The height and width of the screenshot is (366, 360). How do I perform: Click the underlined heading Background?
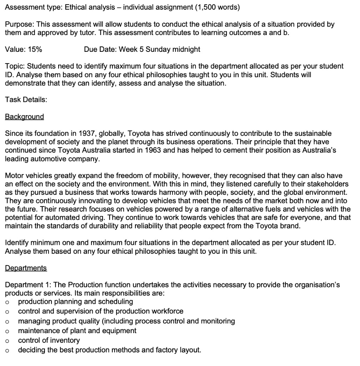[x=24, y=117]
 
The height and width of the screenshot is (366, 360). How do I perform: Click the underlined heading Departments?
[x=26, y=268]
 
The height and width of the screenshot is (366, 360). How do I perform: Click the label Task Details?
[x=26, y=100]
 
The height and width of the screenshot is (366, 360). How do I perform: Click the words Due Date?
[x=100, y=50]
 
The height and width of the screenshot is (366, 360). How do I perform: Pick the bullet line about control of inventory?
[x=49, y=340]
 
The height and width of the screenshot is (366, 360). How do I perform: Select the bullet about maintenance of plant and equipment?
[x=77, y=331]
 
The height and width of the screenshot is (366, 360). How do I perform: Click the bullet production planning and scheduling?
[x=75, y=301]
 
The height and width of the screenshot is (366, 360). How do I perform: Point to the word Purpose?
[x=19, y=24]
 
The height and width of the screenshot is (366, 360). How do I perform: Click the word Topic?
[x=15, y=66]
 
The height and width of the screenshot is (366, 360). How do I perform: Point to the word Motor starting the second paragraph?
[x=14, y=175]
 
